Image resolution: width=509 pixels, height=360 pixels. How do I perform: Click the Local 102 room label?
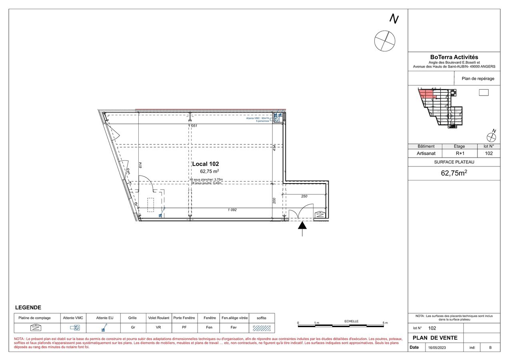click(x=206, y=164)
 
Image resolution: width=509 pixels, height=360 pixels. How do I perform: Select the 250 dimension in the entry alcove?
click(x=304, y=196)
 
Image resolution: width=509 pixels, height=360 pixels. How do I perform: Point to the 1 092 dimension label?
click(x=232, y=210)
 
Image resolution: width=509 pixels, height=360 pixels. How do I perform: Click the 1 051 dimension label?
click(x=193, y=126)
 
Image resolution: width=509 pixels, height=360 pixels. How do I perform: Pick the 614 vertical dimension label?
click(x=141, y=165)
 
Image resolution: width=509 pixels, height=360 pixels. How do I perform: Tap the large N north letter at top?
click(x=394, y=19)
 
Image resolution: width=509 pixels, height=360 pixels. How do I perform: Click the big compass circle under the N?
click(x=385, y=41)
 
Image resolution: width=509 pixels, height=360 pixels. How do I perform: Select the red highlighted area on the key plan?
click(x=426, y=94)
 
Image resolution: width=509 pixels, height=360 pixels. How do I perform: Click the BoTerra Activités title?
click(x=454, y=58)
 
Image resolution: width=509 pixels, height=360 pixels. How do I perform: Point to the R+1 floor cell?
click(x=459, y=153)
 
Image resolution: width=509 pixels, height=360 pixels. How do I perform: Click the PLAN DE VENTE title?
click(x=435, y=338)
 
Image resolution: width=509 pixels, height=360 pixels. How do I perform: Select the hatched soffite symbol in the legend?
click(x=261, y=328)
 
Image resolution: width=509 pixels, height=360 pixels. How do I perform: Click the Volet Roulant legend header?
click(x=159, y=318)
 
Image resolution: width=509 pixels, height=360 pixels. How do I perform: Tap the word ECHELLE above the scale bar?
click(x=351, y=321)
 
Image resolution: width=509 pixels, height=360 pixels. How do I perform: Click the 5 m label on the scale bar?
click(x=385, y=323)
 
